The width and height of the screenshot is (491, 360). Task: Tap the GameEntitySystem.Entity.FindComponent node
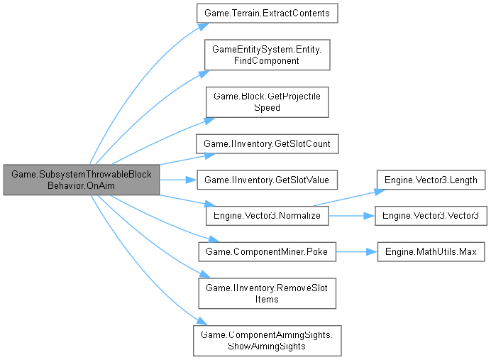267,55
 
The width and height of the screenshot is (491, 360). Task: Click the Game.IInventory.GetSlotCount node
267,144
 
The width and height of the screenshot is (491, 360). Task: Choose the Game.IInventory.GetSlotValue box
267,180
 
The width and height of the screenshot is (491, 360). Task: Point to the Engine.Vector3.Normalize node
267,214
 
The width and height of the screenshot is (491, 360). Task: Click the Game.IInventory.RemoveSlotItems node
267,293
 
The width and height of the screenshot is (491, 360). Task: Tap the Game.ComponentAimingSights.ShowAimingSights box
267,340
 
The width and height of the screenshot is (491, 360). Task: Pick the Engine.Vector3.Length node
431,180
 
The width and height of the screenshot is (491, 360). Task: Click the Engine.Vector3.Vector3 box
431,214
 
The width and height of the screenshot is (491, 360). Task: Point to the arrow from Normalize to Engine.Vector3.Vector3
351,214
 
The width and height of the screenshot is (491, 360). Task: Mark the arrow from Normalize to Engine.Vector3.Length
348,195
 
